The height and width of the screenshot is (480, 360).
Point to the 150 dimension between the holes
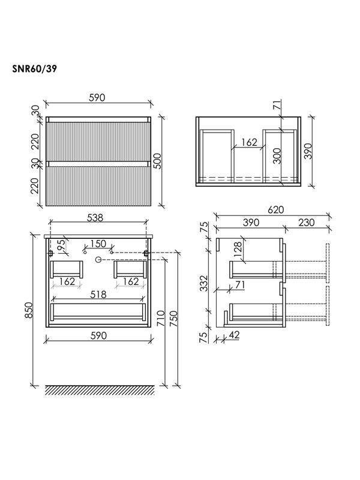98,244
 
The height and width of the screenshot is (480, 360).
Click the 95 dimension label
61,246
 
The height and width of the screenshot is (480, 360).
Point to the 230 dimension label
307,222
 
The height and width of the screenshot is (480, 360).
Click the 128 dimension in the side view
237,249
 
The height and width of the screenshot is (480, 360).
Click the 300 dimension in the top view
277,156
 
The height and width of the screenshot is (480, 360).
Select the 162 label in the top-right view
249,142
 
